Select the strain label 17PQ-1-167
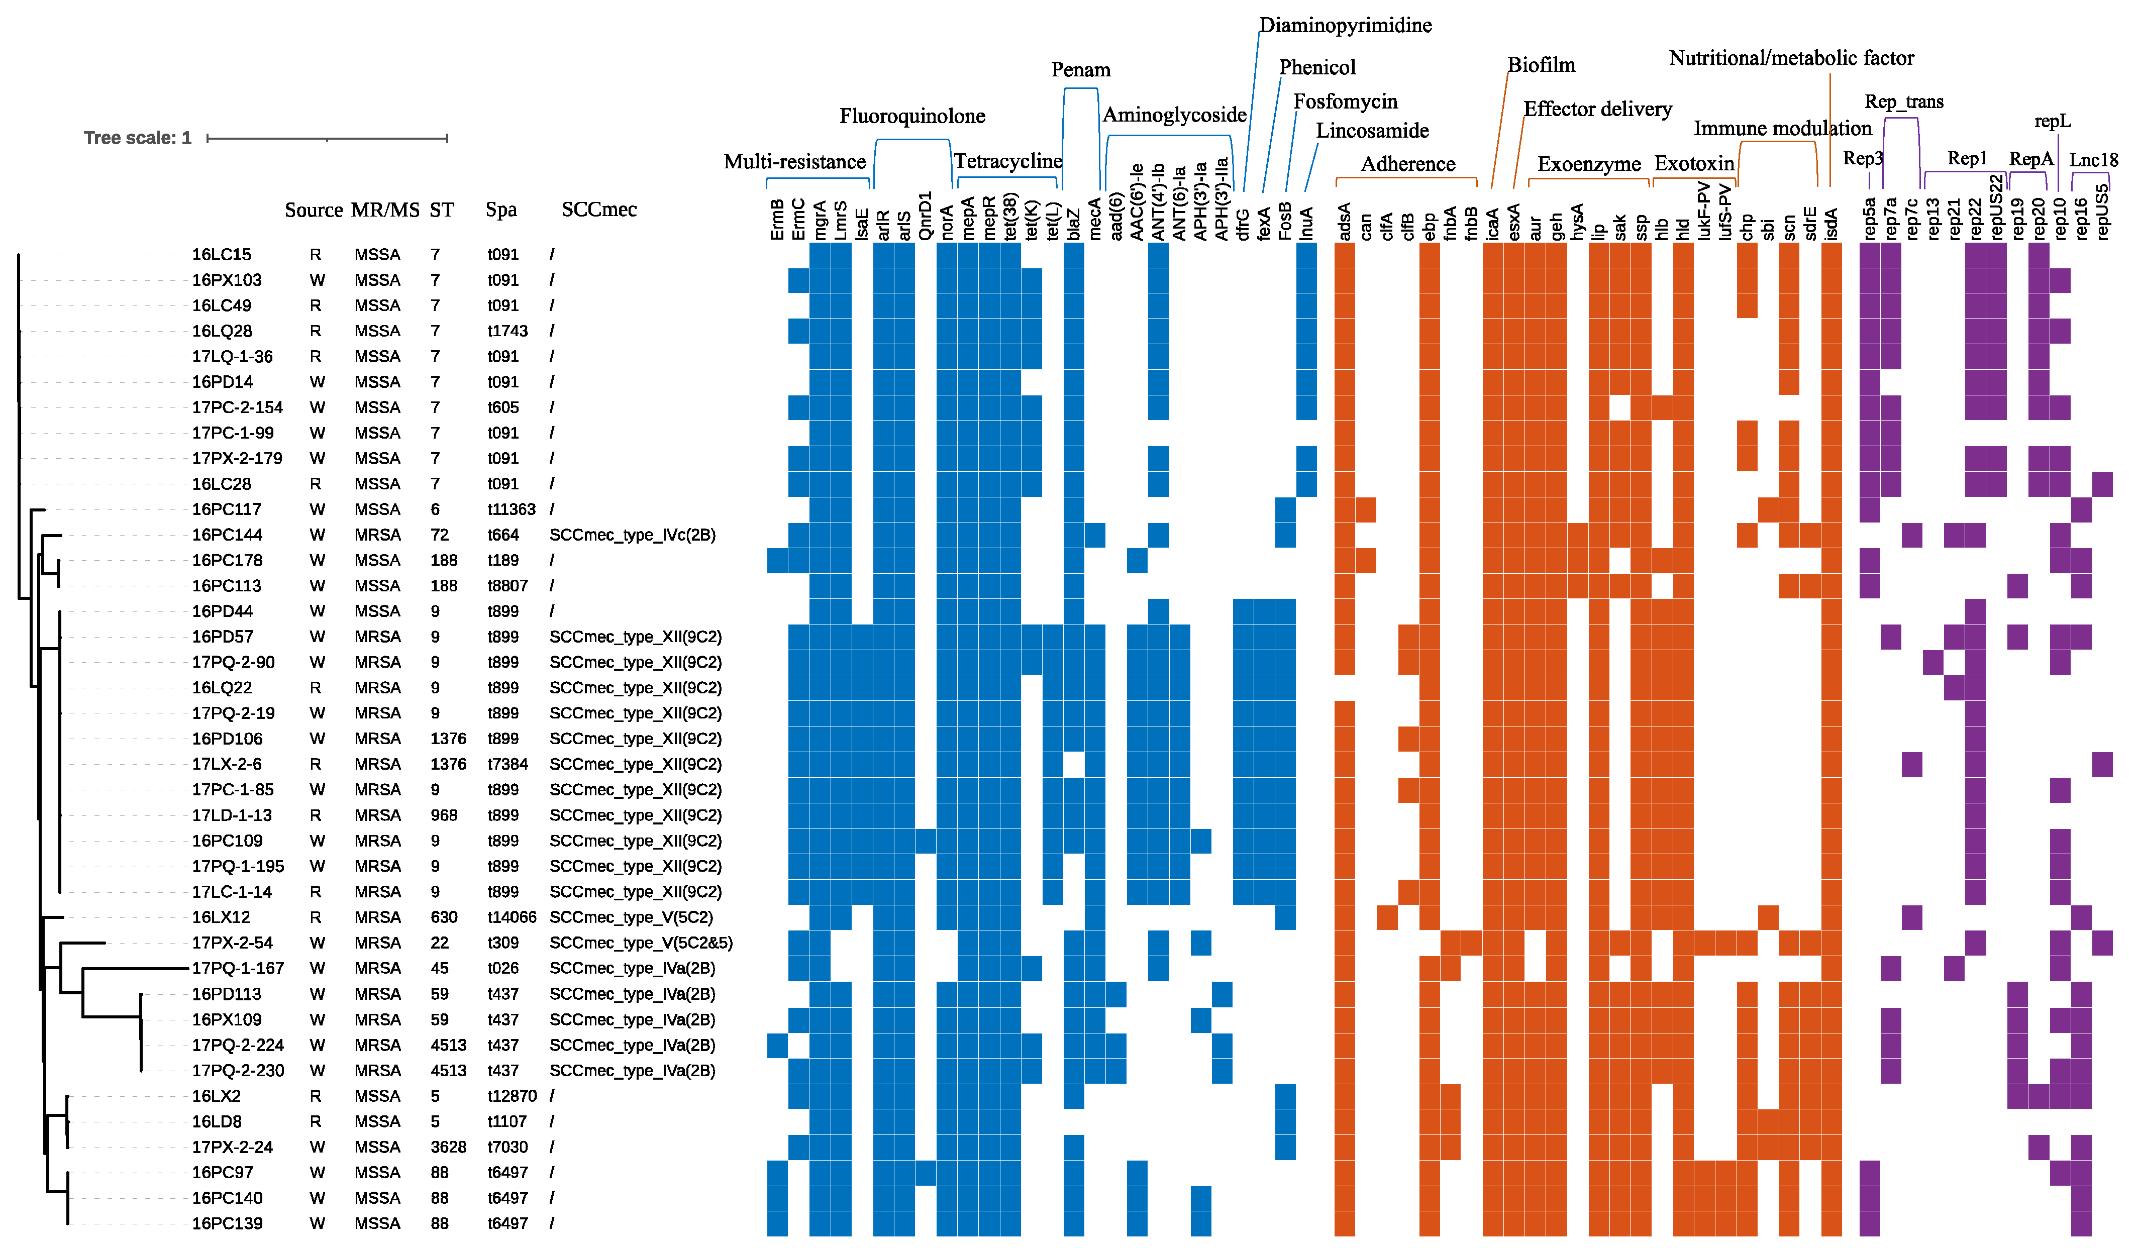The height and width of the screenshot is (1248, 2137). point(238,968)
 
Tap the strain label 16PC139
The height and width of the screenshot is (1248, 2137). point(227,1223)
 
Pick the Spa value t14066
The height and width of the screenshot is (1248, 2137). point(512,917)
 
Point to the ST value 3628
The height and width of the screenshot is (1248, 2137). point(448,1147)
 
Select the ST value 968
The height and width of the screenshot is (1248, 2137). point(444,815)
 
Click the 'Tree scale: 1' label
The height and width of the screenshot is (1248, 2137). point(137,138)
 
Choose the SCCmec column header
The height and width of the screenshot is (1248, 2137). point(599,210)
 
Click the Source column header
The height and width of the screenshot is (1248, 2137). point(313,210)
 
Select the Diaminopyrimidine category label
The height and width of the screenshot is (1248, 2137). point(1345,26)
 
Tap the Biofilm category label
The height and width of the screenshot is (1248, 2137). point(1541,65)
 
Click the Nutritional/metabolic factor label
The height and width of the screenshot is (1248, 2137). point(1791,58)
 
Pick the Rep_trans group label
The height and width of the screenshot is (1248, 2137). point(1904,101)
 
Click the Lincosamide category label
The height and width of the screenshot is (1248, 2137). point(1372,131)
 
